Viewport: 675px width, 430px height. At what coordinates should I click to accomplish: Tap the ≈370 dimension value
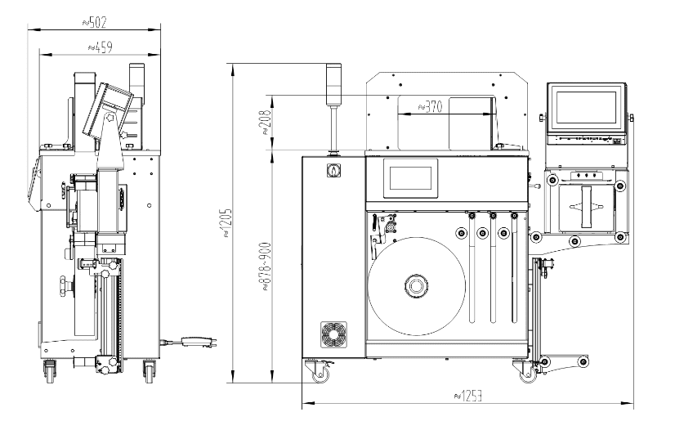pos(431,106)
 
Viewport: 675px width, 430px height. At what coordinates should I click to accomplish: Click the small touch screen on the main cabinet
pos(411,177)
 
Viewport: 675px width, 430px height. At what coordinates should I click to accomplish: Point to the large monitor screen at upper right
pos(585,108)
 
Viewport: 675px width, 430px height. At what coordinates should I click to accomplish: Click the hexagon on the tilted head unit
pos(106,117)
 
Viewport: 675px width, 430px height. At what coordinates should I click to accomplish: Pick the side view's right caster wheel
pos(149,372)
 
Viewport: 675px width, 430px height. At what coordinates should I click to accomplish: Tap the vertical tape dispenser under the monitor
pos(587,206)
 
